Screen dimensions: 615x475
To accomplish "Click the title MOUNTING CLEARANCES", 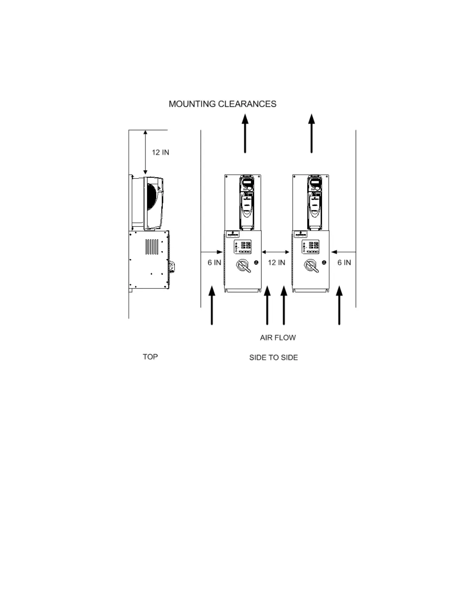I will [222, 104].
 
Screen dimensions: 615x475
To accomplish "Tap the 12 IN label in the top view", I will [160, 152].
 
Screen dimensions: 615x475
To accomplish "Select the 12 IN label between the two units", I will [276, 262].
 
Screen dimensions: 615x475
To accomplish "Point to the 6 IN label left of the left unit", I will [214, 262].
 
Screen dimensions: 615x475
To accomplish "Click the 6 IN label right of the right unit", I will [344, 262].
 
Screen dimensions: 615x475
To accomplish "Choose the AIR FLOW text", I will [278, 338].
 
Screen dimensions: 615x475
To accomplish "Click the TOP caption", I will [150, 357].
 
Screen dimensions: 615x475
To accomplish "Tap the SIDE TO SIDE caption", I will [274, 358].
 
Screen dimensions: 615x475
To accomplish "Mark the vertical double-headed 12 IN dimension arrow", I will [146, 152].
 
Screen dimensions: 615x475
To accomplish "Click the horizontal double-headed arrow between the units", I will [276, 252].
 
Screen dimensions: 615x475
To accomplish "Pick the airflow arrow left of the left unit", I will [212, 305].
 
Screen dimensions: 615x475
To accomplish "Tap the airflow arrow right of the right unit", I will [340, 305].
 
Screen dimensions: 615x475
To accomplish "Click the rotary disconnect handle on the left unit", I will [243, 266].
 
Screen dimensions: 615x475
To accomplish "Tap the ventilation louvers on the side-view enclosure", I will [152, 247].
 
